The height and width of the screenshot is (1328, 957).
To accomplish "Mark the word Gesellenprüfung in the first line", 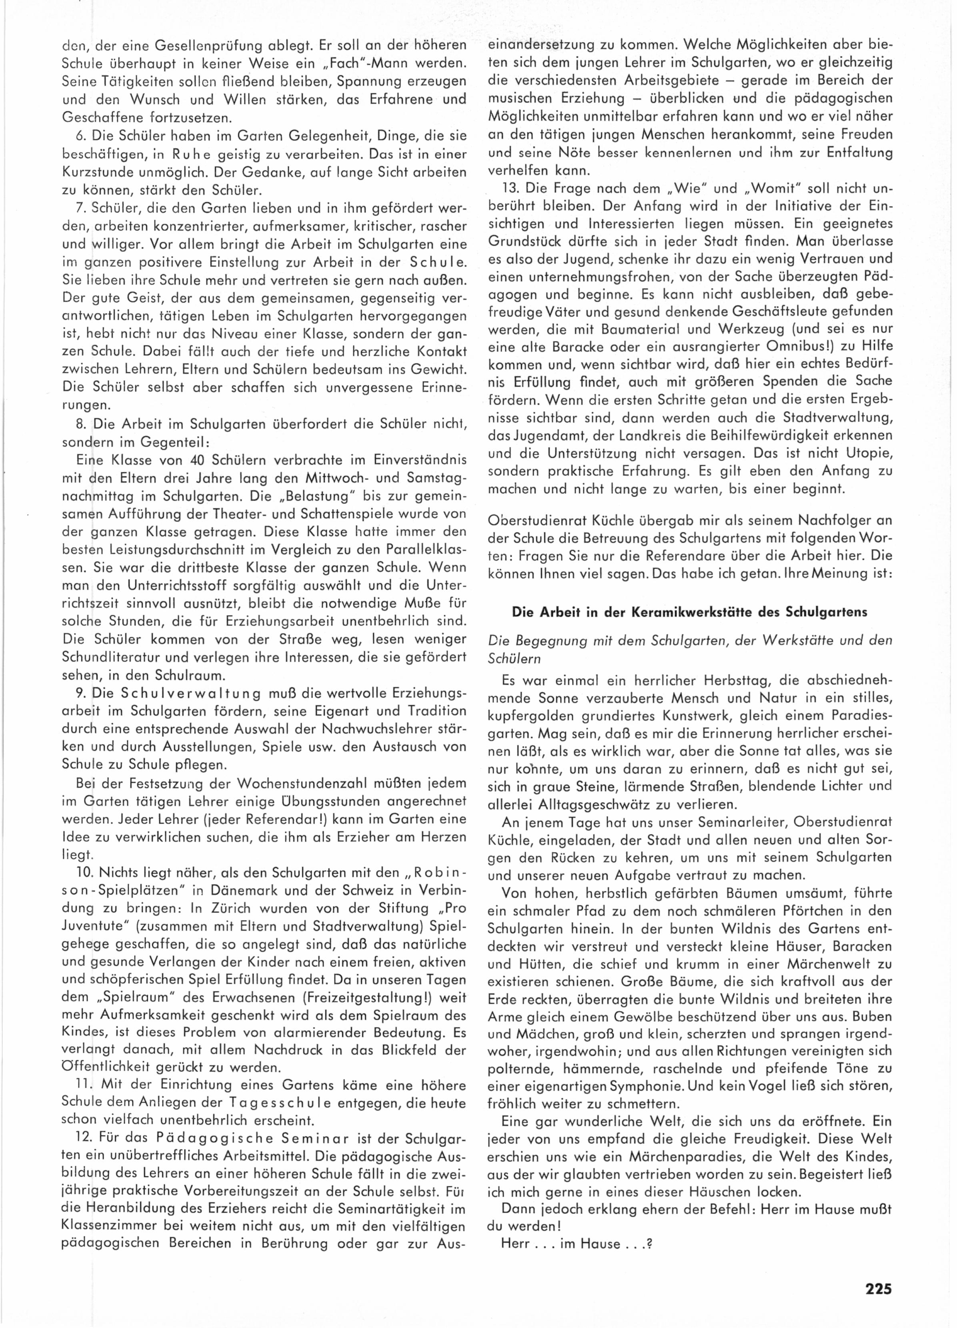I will [188, 44].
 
